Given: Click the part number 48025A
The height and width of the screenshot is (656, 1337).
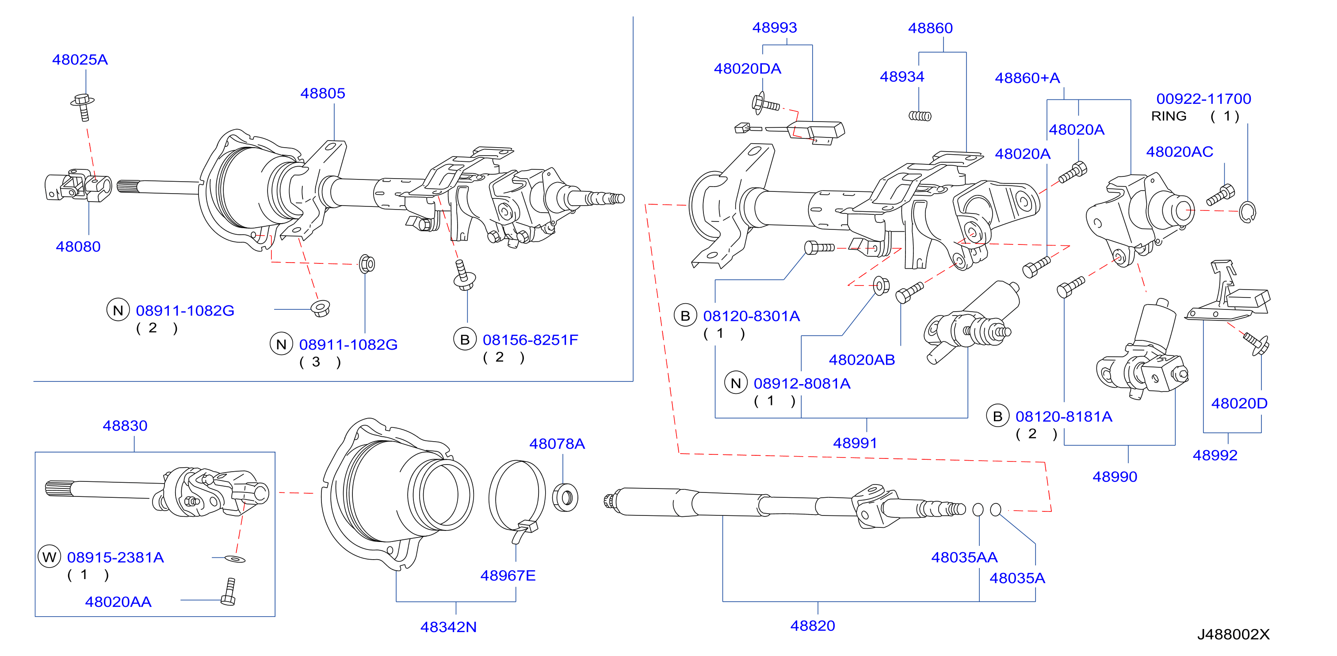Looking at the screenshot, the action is [x=80, y=60].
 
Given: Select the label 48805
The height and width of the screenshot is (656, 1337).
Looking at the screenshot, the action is [x=322, y=93].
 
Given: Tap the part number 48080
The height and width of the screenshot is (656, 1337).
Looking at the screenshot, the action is [x=78, y=247].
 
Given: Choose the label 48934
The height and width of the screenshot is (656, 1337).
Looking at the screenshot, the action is [x=902, y=77].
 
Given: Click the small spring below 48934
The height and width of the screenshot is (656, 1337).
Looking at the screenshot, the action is [x=920, y=116].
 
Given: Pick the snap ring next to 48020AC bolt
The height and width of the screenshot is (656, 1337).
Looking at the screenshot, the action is [x=1247, y=212].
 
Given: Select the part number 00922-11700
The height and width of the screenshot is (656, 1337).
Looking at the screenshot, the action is [x=1203, y=99].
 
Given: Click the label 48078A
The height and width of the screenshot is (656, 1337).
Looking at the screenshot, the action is [x=557, y=444].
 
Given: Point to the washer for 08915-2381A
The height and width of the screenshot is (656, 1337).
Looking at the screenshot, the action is [x=235, y=559].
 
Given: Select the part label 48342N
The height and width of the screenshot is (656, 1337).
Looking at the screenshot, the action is [x=448, y=627].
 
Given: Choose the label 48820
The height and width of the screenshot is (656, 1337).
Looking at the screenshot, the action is [x=812, y=626].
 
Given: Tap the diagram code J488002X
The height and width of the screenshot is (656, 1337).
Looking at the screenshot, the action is [x=1233, y=634].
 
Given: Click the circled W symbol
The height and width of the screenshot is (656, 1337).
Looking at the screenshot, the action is [x=50, y=557].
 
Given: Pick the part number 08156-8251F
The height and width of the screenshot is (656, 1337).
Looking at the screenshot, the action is [x=530, y=340].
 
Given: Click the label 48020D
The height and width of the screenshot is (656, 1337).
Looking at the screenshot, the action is [x=1239, y=403].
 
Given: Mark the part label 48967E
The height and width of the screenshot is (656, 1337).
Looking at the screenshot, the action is [x=508, y=576].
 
